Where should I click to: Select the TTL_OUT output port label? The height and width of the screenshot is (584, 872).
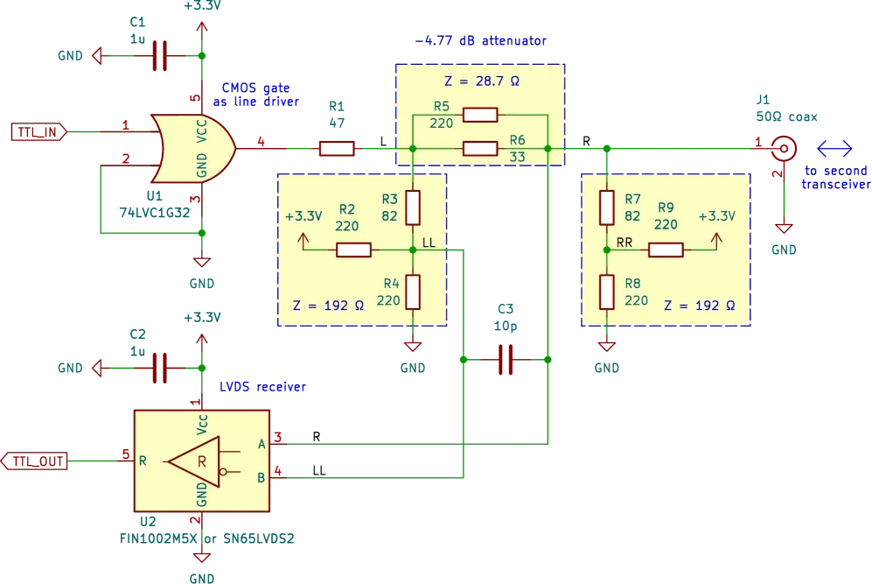[34, 461]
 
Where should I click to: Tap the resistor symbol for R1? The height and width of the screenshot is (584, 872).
[337, 149]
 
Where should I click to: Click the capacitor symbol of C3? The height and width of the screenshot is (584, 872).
[506, 360]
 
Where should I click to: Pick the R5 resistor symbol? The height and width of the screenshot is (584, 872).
[480, 116]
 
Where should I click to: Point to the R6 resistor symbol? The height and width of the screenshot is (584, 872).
[480, 149]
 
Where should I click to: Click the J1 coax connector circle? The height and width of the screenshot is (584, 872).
[784, 149]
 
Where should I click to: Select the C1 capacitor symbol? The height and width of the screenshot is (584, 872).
[159, 56]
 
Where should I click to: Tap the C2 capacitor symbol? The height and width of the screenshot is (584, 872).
[159, 368]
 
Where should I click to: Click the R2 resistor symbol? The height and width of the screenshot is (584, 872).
[353, 250]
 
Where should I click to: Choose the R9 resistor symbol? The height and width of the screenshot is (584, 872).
[666, 250]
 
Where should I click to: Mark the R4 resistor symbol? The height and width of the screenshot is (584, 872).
[413, 292]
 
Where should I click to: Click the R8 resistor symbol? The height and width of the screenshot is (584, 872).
[607, 292]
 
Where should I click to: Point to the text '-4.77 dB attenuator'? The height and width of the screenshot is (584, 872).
[480, 40]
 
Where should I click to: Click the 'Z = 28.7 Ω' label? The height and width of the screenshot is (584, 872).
[482, 81]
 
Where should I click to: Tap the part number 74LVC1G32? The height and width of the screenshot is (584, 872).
[155, 213]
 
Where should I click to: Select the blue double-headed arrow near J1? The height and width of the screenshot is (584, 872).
[834, 149]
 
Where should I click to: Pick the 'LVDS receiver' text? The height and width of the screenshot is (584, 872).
[262, 387]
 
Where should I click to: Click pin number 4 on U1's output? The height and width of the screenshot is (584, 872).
[261, 142]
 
